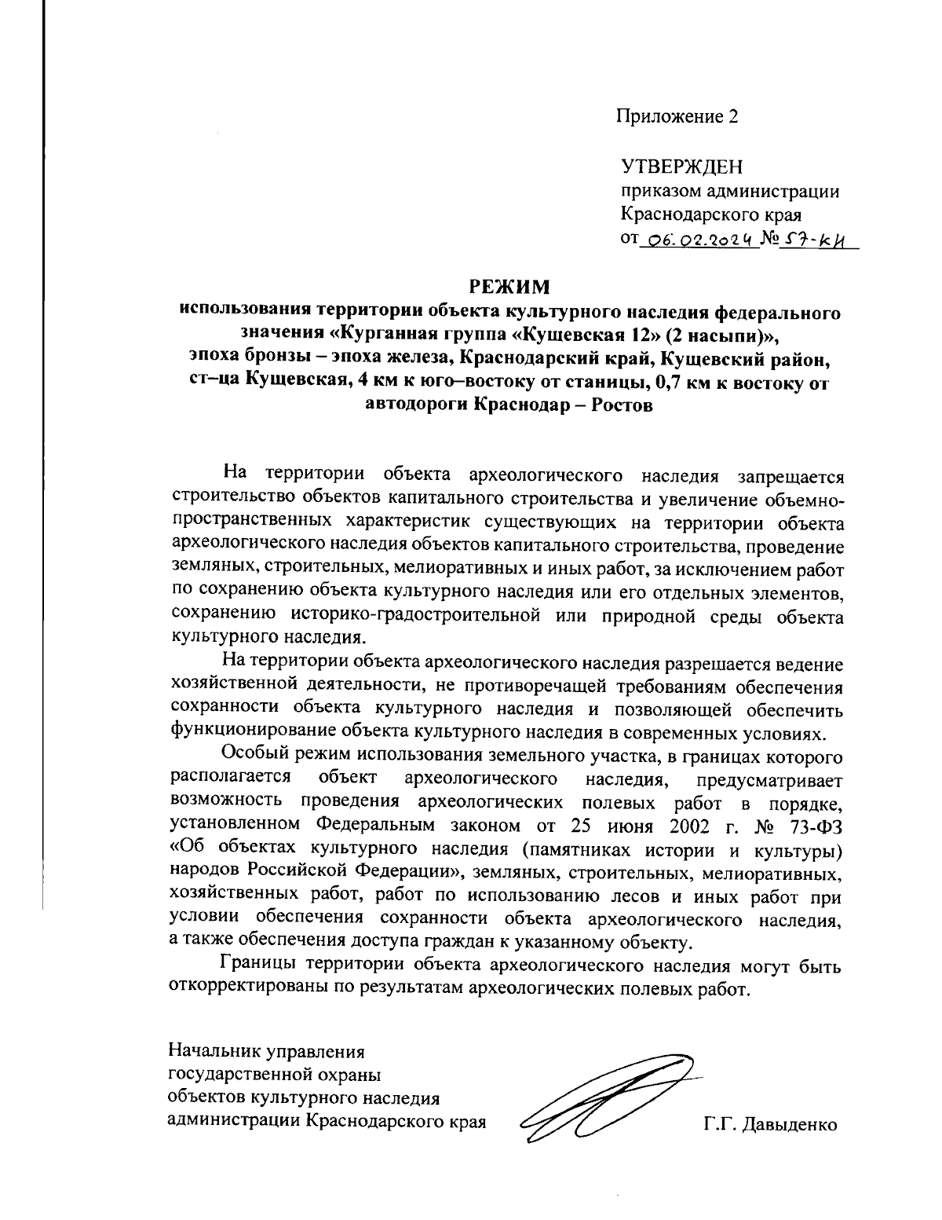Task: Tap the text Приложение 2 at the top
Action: [x=677, y=116]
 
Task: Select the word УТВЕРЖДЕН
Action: [x=681, y=167]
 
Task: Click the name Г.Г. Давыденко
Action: [x=771, y=1125]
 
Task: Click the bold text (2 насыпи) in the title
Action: [x=720, y=335]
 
